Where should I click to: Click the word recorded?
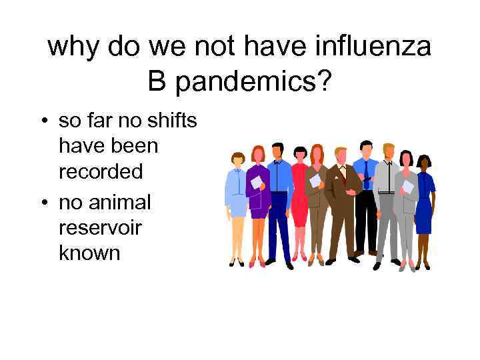pyautogui.click(x=101, y=171)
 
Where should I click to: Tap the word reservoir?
pyautogui.click(x=101, y=228)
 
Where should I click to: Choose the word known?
pyautogui.click(x=90, y=253)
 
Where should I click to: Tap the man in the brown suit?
pyautogui.click(x=341, y=200)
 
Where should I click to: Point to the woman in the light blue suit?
pyautogui.click(x=236, y=200)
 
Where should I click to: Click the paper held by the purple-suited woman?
pyautogui.click(x=256, y=182)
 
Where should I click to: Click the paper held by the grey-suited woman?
pyautogui.click(x=407, y=186)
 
